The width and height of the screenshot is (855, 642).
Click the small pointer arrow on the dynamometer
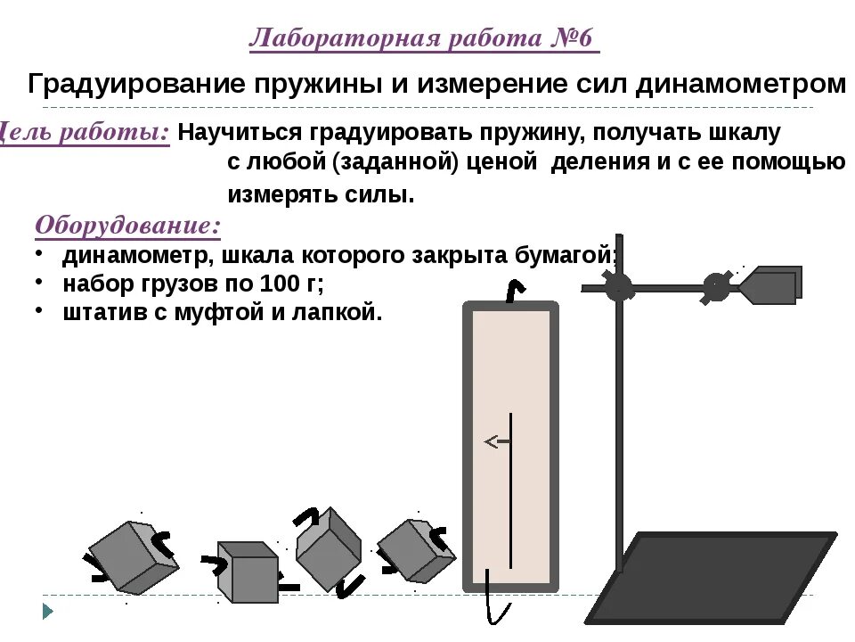[495, 440]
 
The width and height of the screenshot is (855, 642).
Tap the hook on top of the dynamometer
[513, 291]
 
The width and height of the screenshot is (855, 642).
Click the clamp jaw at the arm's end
[770, 285]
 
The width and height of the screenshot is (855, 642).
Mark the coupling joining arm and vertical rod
[618, 286]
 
